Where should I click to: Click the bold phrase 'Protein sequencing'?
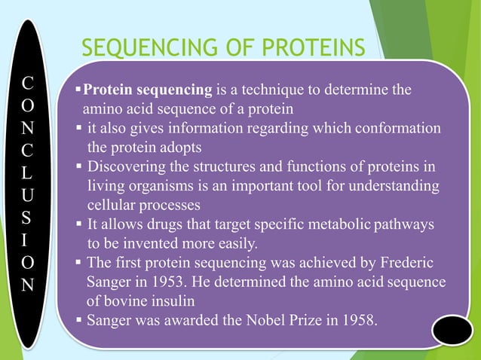coord(147,91)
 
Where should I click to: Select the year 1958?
coord(357,320)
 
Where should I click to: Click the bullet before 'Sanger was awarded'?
coord(79,320)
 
